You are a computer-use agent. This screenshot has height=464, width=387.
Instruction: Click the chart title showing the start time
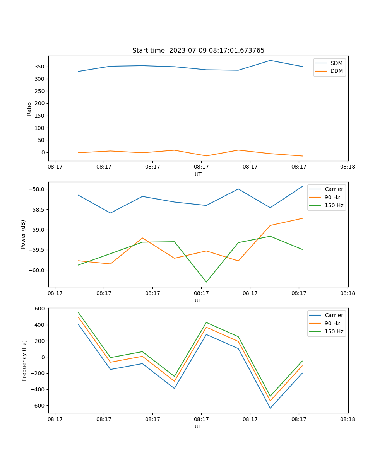(198, 51)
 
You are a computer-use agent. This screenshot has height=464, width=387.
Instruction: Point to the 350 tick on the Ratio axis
(40, 67)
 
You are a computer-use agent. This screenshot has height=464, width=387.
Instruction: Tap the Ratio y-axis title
(29, 109)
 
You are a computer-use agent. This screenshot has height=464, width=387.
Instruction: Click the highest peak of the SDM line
(270, 60)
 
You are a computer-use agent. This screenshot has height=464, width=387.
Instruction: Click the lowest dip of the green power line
(206, 282)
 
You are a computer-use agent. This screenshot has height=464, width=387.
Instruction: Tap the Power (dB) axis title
(23, 234)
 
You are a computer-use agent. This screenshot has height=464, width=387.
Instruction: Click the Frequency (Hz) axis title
(24, 360)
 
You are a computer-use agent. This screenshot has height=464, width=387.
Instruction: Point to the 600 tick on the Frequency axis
(40, 309)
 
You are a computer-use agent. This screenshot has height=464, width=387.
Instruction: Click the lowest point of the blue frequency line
(270, 408)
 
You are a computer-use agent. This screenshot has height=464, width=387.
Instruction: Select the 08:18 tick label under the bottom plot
(347, 419)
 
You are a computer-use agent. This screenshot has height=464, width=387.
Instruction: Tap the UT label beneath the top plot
(198, 174)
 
